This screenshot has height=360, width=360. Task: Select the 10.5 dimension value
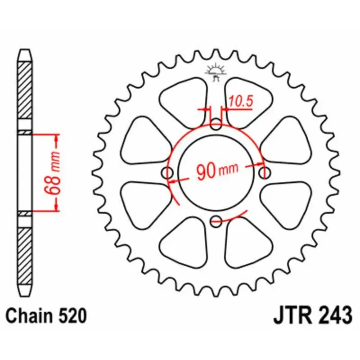point(240,102)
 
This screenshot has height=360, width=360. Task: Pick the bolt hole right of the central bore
point(265,172)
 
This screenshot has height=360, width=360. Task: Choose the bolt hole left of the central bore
point(167,173)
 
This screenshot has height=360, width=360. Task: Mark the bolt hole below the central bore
point(216,220)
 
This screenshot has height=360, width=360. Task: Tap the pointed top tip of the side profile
point(25,50)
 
